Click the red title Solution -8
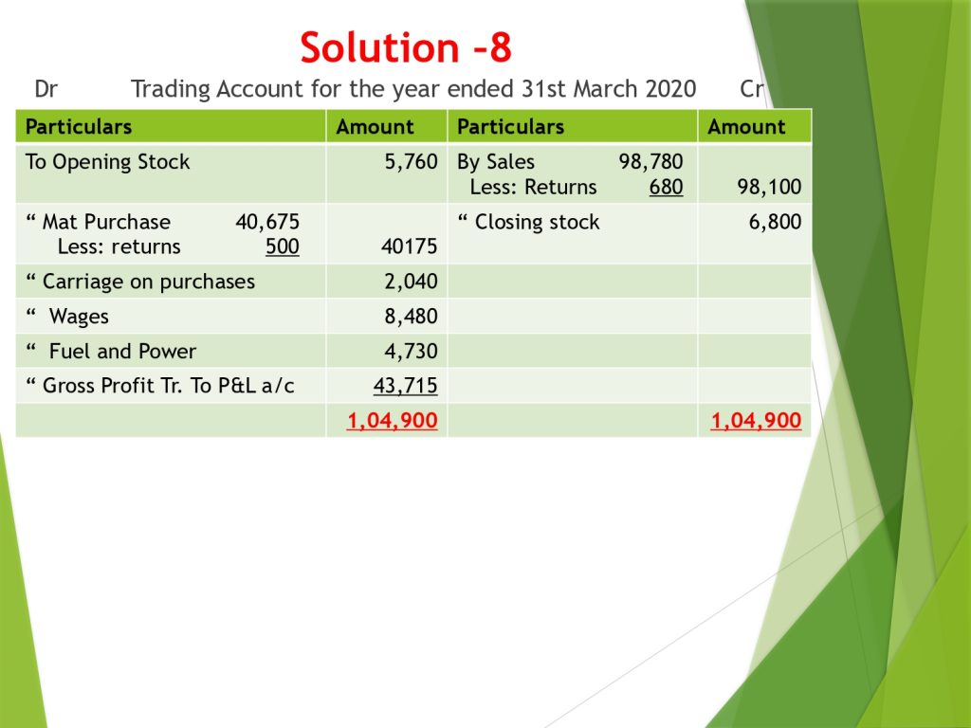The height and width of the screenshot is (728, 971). point(406,47)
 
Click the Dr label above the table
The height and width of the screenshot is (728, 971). point(46,89)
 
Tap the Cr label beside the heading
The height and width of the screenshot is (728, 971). point(751,89)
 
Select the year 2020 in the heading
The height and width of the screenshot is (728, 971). point(670,89)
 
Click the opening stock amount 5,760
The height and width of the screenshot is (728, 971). point(411,162)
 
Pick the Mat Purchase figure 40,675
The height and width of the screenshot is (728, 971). point(267,222)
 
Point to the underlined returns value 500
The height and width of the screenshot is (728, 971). point(283,247)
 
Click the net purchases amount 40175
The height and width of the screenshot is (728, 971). point(410,247)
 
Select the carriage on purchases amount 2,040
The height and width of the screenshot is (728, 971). point(411,282)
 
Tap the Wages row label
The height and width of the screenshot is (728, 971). point(79,317)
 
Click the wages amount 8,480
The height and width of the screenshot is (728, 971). point(411,317)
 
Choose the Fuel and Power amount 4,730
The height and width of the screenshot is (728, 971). point(411,352)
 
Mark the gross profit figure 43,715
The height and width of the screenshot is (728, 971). point(405,387)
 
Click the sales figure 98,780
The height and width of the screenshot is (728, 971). point(650,162)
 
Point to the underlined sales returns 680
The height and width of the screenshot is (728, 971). point(667,187)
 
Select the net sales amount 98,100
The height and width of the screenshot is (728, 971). point(769,187)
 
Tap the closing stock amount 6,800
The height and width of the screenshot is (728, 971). point(776,222)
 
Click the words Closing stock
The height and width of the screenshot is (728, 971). point(537,222)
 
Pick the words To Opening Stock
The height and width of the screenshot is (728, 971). point(108,162)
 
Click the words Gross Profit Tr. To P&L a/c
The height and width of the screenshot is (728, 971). point(169,387)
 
